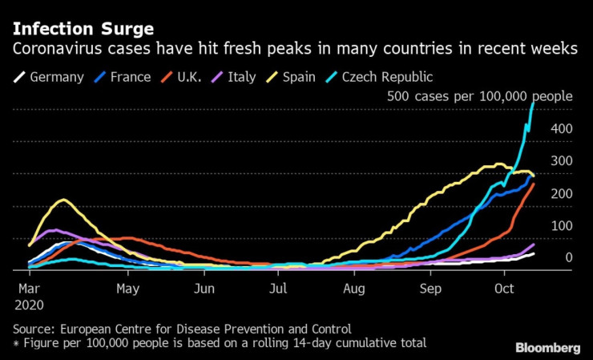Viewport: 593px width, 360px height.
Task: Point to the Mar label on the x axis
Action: (28, 287)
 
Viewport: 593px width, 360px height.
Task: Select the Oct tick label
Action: (505, 287)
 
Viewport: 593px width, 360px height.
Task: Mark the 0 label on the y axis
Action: (568, 257)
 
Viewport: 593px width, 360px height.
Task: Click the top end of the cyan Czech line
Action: (533, 103)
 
